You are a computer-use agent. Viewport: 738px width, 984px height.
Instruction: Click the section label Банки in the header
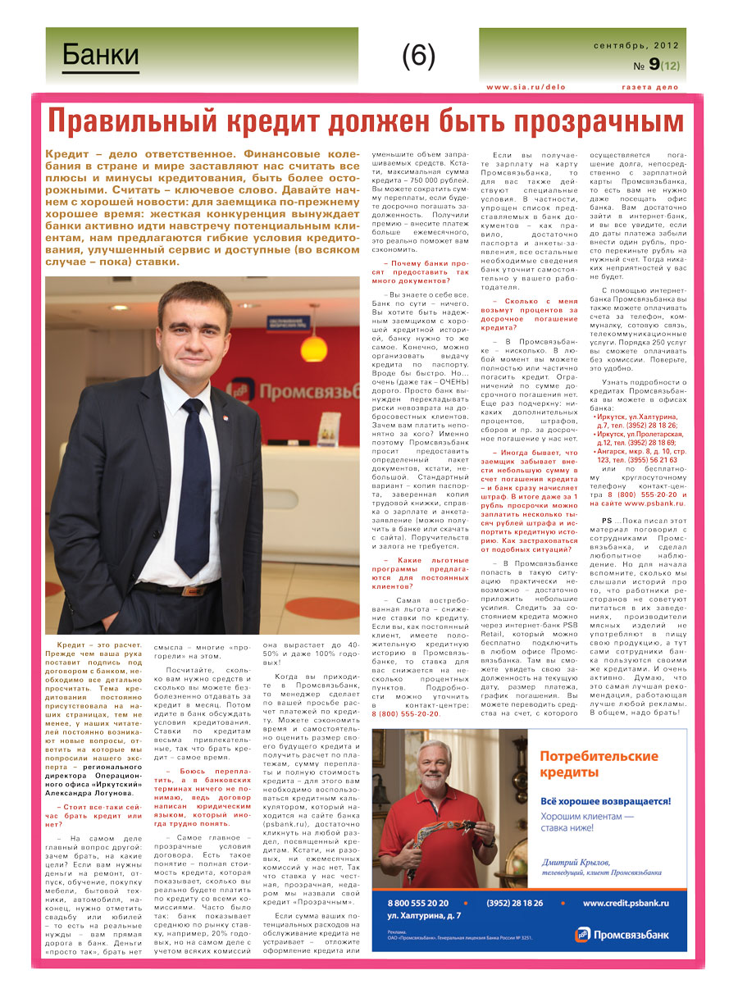[x=101, y=56]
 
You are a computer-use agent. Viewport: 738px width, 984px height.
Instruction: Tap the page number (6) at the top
[x=418, y=56]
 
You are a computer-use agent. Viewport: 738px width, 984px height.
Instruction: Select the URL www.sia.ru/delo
[x=526, y=87]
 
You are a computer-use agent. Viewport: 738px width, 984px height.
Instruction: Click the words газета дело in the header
[x=649, y=87]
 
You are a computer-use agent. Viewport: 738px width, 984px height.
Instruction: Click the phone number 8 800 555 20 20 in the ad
[x=418, y=903]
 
